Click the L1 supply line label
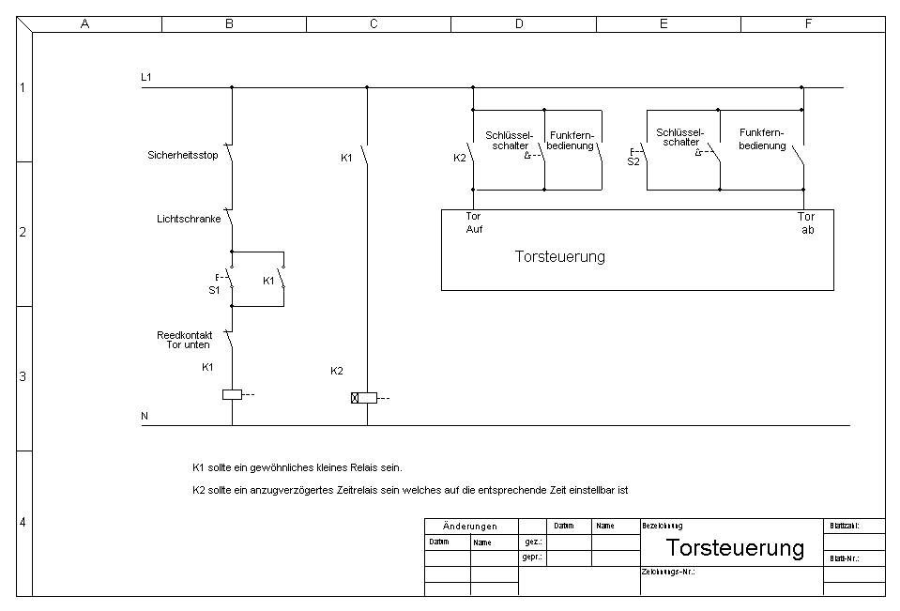coord(146,76)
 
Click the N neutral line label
coord(145,415)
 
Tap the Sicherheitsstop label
coord(183,155)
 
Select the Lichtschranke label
coord(189,219)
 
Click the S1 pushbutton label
coord(214,290)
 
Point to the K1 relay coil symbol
coord(232,394)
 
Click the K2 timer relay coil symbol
coord(364,398)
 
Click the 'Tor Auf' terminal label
coord(474,222)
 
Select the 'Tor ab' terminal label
coord(807,222)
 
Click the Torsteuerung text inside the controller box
coord(560,256)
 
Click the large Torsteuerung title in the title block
coord(735,548)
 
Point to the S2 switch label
coord(633,161)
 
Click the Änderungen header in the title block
coord(470,527)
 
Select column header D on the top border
coord(518,24)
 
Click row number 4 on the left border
coord(23,523)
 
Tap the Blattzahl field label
coord(844,527)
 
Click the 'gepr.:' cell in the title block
coord(531,558)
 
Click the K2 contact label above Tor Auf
coord(460,158)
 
